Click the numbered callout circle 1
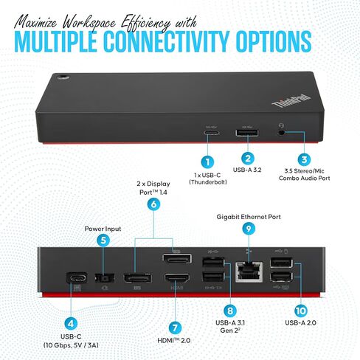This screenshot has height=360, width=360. coord(207,162)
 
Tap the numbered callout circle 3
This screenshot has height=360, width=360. coord(304,159)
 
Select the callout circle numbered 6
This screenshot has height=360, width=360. coord(153,204)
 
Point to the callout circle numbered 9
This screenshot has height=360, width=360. coord(249,229)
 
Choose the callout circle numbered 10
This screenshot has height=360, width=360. coord(301,311)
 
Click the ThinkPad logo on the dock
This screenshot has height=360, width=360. coord(291,101)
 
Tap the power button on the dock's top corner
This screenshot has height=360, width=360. coord(63,77)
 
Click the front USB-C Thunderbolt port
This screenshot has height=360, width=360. coord(211,133)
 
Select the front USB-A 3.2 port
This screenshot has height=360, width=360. coord(247,133)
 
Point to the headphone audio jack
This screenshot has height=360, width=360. coord(281,133)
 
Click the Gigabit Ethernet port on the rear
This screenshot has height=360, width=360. coord(249,271)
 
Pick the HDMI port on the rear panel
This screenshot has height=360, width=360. coord(177,277)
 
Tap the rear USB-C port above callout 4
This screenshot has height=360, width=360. coord(77,278)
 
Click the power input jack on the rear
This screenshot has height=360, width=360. coord(105,278)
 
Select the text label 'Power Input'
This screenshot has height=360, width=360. coord(103,229)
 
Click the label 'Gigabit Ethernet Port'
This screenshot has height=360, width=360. coord(249,217)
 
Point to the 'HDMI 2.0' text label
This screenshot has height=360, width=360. coord(174,341)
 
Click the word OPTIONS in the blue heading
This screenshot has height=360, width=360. coord(274,41)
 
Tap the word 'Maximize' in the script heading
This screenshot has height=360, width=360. coord(35,23)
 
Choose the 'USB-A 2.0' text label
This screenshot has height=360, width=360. coord(301,323)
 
